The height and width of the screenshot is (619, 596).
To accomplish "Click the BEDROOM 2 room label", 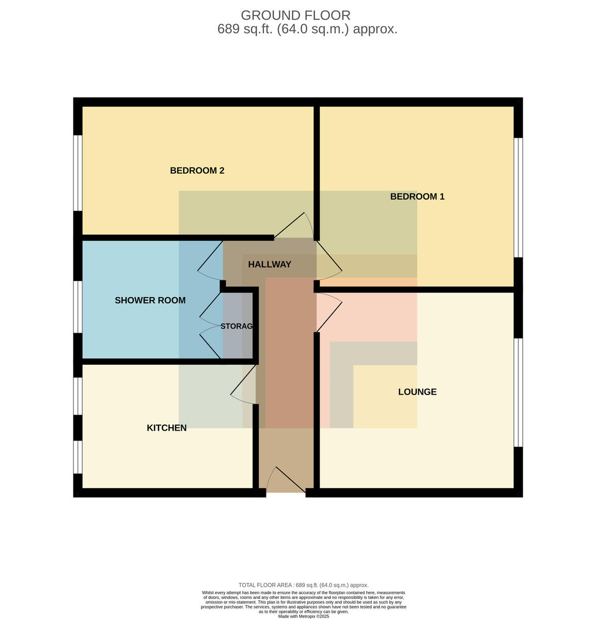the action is [197, 171].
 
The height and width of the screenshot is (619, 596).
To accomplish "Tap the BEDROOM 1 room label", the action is [417, 196].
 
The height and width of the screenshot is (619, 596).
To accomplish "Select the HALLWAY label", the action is [270, 264].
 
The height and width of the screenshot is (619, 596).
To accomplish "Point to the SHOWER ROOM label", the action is [150, 300].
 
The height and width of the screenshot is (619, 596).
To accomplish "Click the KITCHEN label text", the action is [167, 428].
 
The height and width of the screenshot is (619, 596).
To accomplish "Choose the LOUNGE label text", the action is [417, 392].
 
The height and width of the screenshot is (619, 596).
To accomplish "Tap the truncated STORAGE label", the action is [237, 326].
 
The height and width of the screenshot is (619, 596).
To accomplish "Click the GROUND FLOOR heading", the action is [295, 15].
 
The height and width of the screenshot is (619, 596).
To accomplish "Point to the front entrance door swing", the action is [286, 479].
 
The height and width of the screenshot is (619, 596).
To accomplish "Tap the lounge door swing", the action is [330, 312].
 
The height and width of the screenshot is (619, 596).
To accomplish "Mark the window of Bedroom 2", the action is [77, 173].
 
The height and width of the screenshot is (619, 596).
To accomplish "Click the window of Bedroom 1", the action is [519, 198].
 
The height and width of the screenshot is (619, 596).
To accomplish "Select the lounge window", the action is [519, 393].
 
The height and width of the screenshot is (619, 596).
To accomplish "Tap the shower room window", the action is [77, 307].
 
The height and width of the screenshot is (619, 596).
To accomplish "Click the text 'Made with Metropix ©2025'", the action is [303, 616].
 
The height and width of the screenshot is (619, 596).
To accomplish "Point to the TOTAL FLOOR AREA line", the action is [303, 585].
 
